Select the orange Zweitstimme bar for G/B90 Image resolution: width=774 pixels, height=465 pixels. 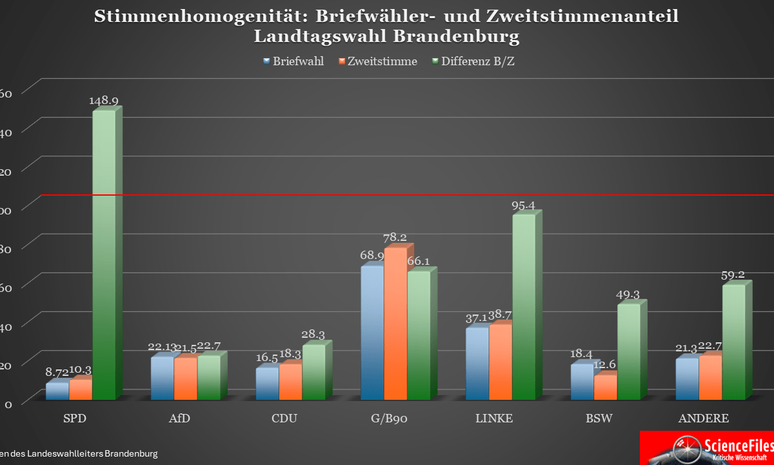click(395, 323)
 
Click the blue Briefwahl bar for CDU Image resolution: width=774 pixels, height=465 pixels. click(267, 383)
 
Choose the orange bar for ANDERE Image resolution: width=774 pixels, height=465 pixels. click(710, 377)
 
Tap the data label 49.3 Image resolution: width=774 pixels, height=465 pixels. click(628, 295)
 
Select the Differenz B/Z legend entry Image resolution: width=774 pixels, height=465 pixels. click(473, 62)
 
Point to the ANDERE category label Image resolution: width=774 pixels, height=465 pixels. click(704, 418)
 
